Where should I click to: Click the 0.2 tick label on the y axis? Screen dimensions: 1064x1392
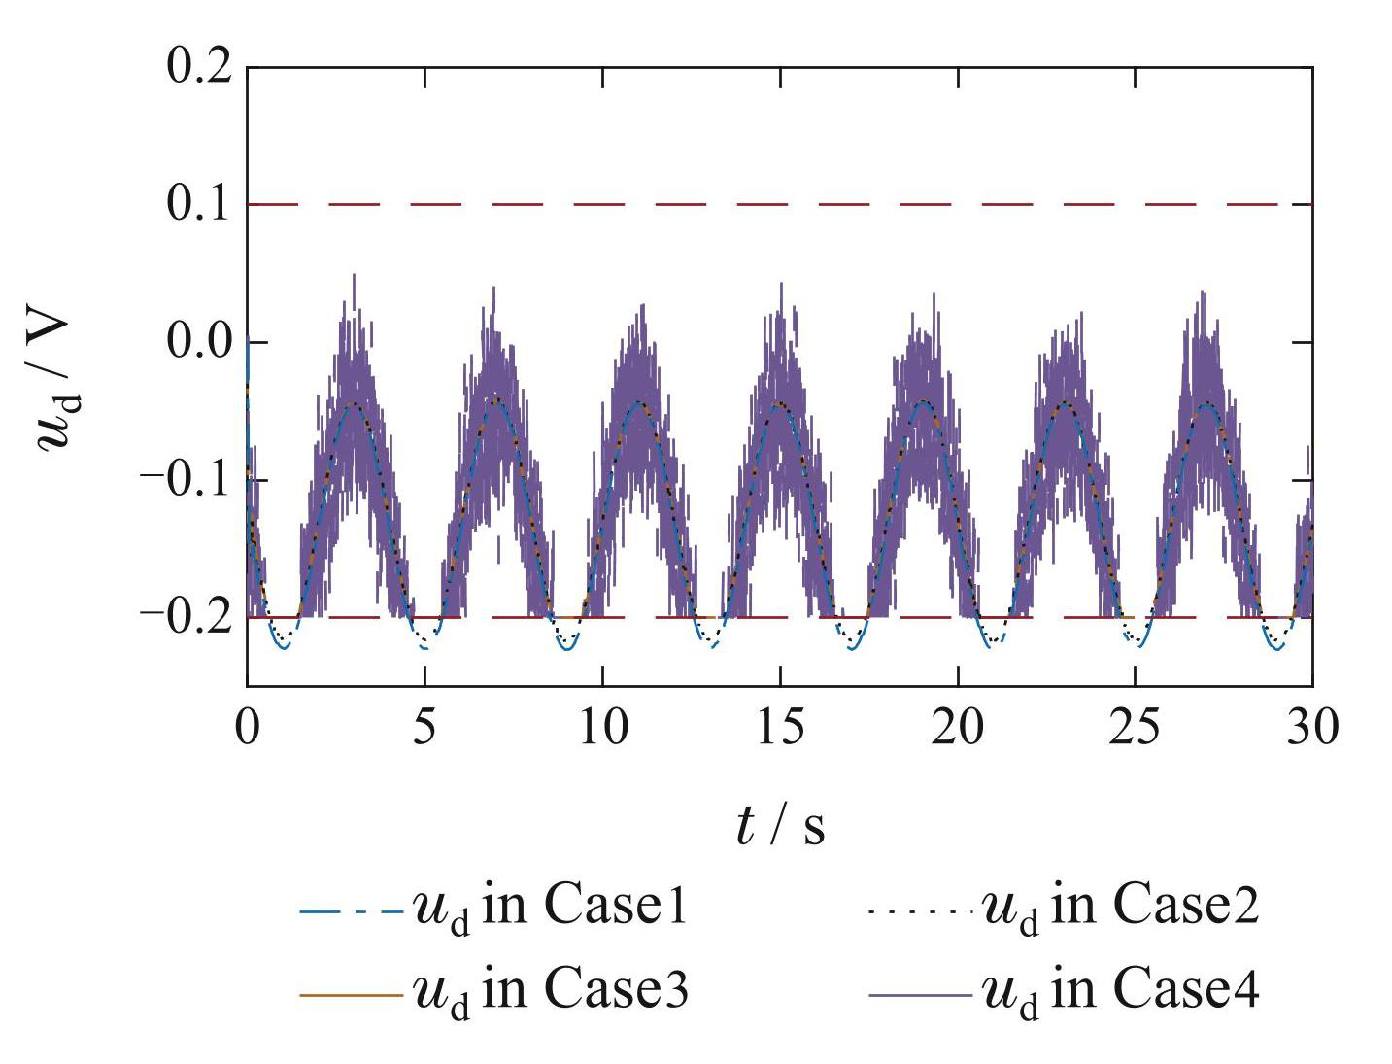point(199,67)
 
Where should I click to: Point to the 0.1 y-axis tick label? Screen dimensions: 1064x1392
point(199,204)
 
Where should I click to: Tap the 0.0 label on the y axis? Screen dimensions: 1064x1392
point(199,342)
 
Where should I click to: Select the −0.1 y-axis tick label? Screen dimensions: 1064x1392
point(187,479)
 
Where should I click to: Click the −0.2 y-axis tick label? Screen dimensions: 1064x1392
point(187,616)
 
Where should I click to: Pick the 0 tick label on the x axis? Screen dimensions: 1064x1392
point(248,727)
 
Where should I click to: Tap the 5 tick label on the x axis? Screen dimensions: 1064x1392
point(424,727)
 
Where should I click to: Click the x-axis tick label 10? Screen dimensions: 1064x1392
point(602,727)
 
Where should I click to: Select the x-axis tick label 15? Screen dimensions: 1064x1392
point(780,727)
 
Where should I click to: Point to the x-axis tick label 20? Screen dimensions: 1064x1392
point(958,727)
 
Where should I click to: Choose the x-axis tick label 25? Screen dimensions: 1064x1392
point(1135,727)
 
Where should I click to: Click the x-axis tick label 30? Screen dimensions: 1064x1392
point(1312,727)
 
